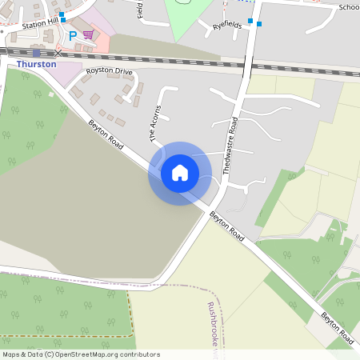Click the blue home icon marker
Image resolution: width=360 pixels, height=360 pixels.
[180, 173]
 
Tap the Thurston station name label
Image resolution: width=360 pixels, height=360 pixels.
[37, 64]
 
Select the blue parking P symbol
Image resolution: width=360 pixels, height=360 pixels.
[74, 36]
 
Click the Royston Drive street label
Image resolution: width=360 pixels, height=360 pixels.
[109, 71]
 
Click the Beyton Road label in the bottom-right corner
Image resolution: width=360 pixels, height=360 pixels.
[337, 328]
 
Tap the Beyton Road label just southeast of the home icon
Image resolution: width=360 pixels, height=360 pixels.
[226, 226]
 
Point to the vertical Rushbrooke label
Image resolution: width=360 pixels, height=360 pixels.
[212, 324]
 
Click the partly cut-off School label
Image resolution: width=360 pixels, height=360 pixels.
[348, 7]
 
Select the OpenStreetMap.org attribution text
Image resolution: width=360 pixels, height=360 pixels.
[109, 354]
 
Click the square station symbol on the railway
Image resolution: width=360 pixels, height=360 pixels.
[36, 53]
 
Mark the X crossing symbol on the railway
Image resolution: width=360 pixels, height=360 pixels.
[57, 54]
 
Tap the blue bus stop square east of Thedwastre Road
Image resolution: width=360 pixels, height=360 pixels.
[260, 23]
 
